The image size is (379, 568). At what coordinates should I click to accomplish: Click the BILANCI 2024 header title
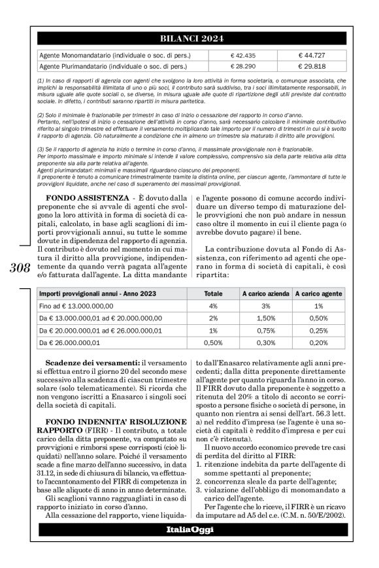(x=189, y=39)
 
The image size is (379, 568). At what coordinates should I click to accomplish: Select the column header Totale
(x=212, y=294)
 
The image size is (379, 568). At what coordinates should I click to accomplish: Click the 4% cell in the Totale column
(x=212, y=306)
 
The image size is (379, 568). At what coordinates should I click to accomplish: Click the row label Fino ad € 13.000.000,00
(x=77, y=306)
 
